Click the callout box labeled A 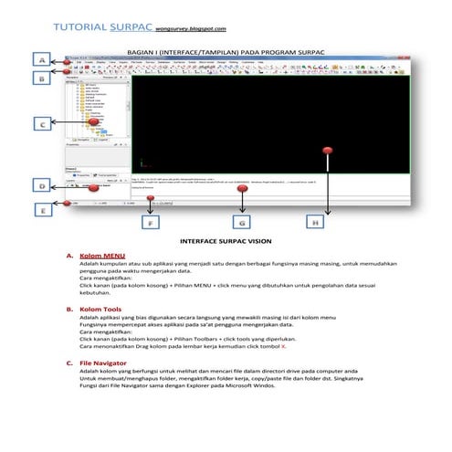tap(41, 59)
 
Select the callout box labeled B tap(41, 79)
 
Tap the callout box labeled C tap(41, 122)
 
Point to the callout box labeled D tap(41, 186)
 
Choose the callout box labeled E tap(41, 209)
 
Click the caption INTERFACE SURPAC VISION tap(225, 242)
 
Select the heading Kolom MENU tap(102, 256)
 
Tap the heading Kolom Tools tap(100, 310)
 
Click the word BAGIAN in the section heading tap(139, 53)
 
